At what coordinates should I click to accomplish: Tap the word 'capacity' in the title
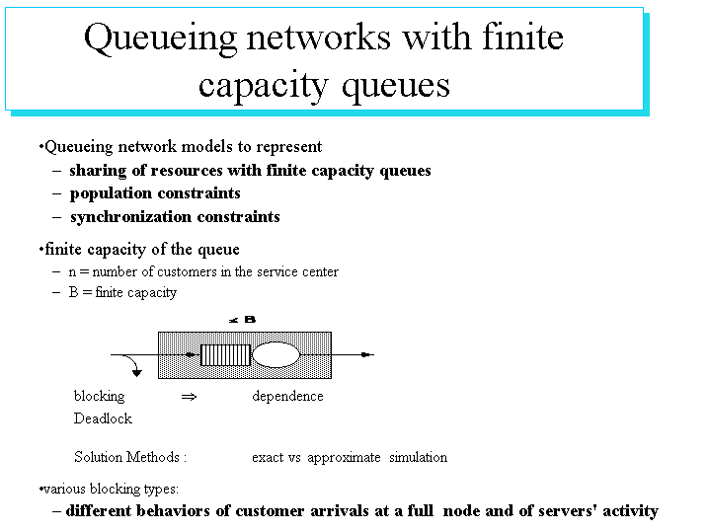click(x=263, y=86)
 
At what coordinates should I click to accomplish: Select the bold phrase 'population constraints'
click(x=155, y=193)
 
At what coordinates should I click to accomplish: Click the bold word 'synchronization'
click(x=131, y=217)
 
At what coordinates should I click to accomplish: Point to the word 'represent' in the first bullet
click(x=289, y=147)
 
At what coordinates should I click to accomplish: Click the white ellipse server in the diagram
click(x=276, y=355)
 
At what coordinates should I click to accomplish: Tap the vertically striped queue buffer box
click(x=225, y=355)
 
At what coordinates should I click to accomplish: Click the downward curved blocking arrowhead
click(x=136, y=373)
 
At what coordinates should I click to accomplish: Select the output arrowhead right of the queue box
click(x=366, y=355)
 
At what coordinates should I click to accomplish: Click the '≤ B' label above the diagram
click(x=242, y=320)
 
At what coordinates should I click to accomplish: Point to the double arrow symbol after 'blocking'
click(x=189, y=397)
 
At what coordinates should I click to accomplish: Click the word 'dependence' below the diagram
click(x=287, y=396)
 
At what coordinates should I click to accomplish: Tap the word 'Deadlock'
click(x=103, y=418)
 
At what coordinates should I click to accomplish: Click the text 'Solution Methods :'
click(x=130, y=457)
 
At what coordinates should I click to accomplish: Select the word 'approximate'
click(x=344, y=458)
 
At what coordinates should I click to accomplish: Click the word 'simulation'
click(x=418, y=457)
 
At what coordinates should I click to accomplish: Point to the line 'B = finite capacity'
click(x=122, y=292)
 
